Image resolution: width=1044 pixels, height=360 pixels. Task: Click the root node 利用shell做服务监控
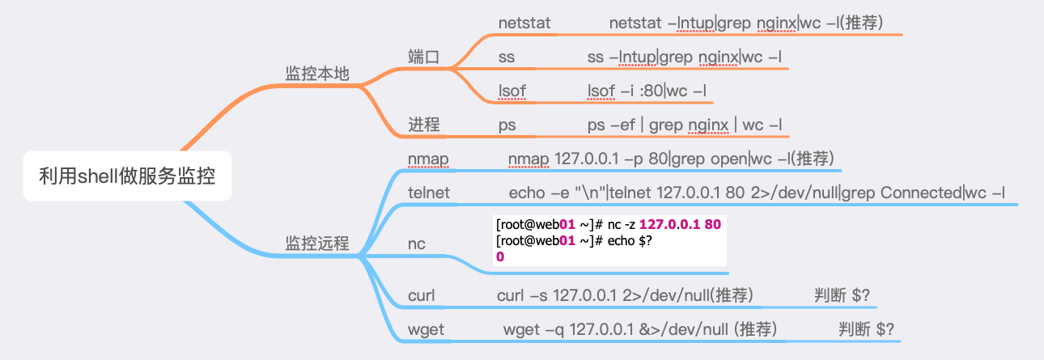click(127, 176)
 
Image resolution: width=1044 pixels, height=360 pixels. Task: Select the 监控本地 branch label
click(317, 74)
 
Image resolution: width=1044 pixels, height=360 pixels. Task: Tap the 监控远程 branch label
click(317, 244)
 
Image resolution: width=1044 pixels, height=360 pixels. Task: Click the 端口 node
click(423, 57)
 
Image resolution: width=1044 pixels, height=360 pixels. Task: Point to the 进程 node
click(423, 125)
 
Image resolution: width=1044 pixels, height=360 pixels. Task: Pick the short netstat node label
click(524, 23)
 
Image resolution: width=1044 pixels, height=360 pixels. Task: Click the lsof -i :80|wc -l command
click(647, 91)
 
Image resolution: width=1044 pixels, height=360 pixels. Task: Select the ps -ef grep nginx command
click(685, 125)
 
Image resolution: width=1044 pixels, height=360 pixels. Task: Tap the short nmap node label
click(428, 159)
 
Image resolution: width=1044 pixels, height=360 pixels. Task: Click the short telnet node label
click(429, 193)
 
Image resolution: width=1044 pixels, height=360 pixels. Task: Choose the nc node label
click(417, 244)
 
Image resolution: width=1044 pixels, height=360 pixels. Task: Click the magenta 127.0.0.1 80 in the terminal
click(680, 224)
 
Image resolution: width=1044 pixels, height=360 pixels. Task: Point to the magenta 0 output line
click(500, 256)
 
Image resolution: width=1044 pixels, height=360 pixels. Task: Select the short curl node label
click(422, 295)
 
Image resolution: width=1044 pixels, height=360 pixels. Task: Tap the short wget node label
click(426, 330)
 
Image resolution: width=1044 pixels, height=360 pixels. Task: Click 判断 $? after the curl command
click(842, 295)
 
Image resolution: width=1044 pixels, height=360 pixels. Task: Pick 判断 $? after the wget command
click(867, 329)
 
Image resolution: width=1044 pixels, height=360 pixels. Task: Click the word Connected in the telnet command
click(920, 193)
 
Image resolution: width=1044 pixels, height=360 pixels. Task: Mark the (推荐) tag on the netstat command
click(862, 23)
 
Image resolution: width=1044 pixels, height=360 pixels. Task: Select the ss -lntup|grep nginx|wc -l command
click(685, 57)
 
